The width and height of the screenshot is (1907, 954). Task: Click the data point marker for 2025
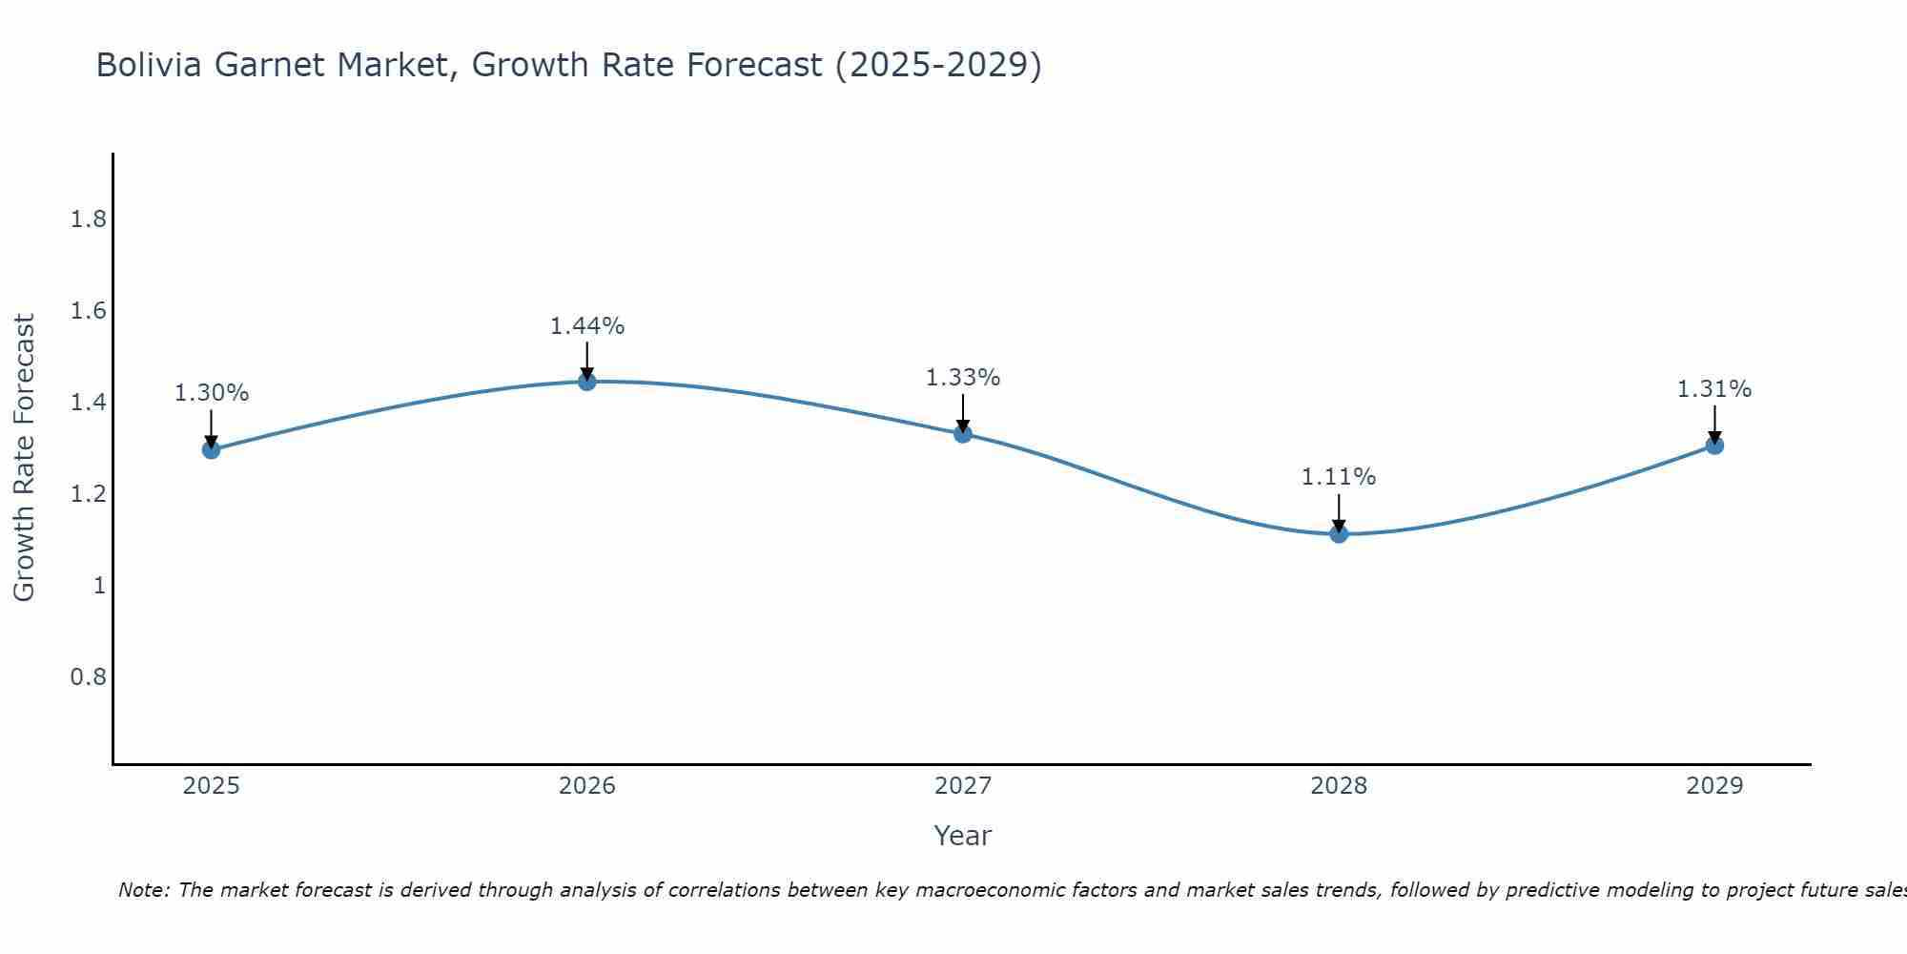(212, 449)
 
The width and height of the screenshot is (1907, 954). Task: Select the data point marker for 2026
(587, 382)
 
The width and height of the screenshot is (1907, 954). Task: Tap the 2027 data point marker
(963, 434)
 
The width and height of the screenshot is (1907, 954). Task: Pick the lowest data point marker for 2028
(1339, 534)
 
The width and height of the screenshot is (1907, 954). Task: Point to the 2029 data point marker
(1714, 446)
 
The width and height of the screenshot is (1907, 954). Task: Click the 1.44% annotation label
(587, 326)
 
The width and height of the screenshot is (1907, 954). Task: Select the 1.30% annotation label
(212, 393)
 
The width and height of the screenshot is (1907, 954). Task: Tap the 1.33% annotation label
(963, 378)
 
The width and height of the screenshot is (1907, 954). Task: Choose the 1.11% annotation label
(1339, 477)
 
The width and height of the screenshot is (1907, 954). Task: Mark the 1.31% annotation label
(1714, 389)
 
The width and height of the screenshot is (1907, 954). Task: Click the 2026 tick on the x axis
(587, 786)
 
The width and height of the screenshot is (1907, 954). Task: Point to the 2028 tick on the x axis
(1339, 786)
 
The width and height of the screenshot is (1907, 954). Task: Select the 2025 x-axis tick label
(212, 786)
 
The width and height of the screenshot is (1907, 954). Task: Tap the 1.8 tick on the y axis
(88, 220)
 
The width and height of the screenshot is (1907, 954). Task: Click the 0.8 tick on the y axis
(88, 677)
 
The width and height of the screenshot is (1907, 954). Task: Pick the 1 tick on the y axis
(99, 586)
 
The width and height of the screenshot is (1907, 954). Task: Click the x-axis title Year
(963, 836)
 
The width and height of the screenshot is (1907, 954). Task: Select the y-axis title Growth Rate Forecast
(25, 458)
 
